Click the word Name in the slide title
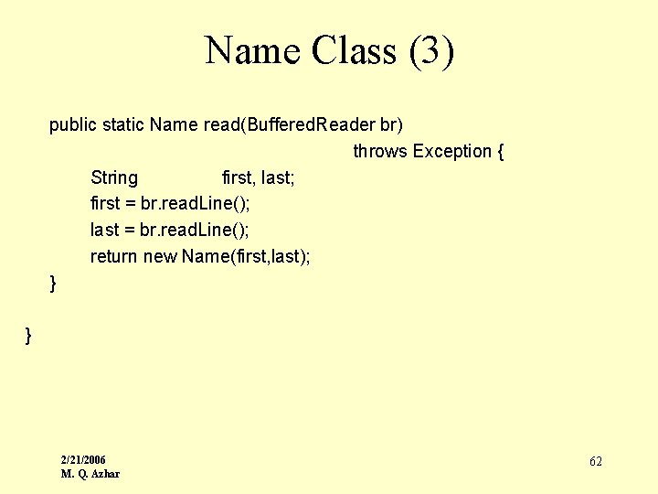(x=253, y=50)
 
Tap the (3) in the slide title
(x=431, y=50)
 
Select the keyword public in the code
(x=73, y=124)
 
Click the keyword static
(x=123, y=124)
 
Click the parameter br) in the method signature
(x=391, y=124)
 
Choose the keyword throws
(x=380, y=151)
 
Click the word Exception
(x=452, y=151)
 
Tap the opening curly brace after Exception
(x=500, y=151)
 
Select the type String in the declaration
(x=114, y=177)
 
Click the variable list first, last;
(x=259, y=177)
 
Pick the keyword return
(x=114, y=256)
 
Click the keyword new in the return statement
(x=160, y=256)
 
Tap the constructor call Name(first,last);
(x=246, y=256)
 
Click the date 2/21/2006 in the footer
(x=83, y=459)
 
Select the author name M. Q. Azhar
(x=90, y=473)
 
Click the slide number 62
(x=596, y=462)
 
